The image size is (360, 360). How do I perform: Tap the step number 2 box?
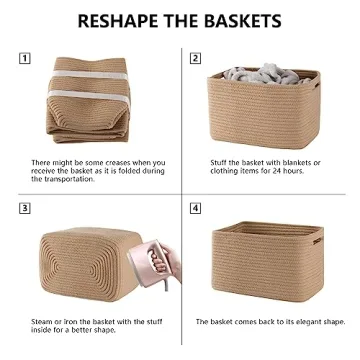pos(195,58)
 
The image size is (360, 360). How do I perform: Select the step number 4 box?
pos(195,208)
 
